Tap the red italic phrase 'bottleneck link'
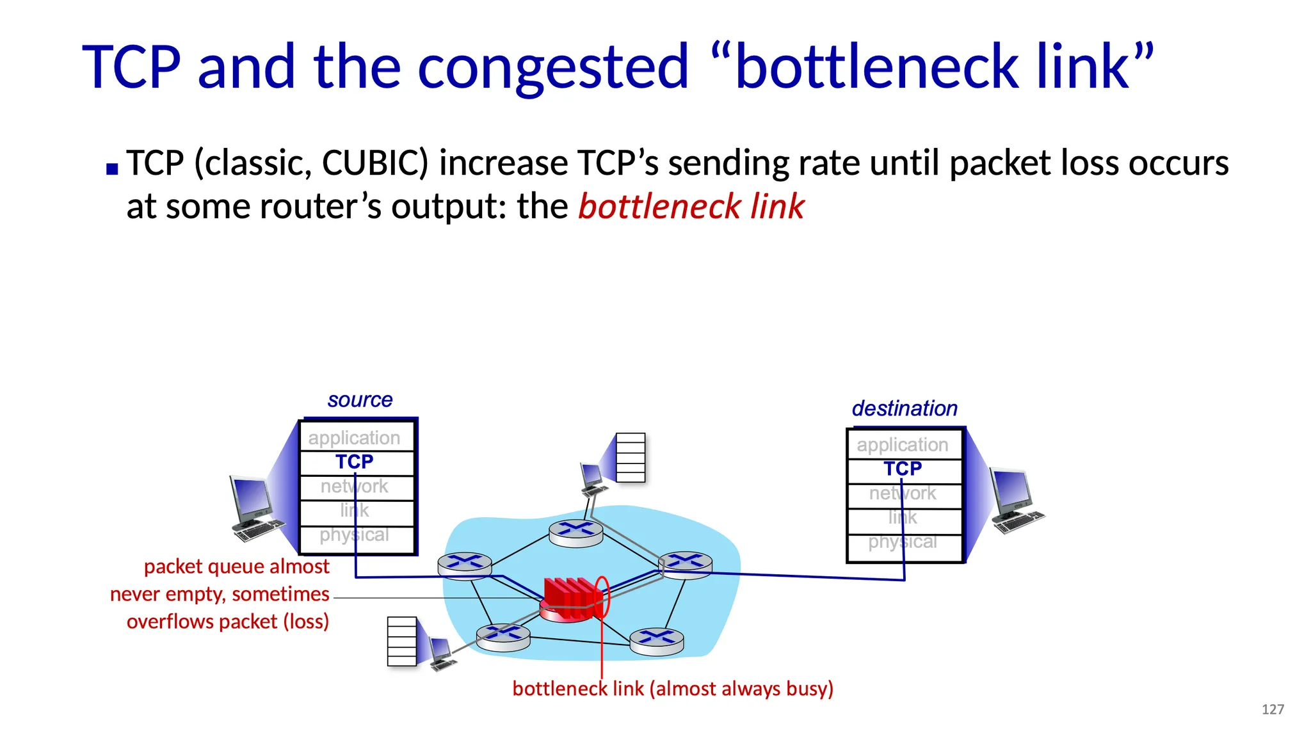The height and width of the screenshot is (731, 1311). tap(691, 207)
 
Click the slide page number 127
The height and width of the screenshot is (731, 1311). tap(1273, 709)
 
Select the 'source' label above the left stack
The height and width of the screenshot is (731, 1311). tap(360, 400)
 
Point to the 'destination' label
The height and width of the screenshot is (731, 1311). tap(904, 408)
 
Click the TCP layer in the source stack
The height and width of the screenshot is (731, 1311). tap(355, 462)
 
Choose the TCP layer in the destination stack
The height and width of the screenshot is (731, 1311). tap(903, 469)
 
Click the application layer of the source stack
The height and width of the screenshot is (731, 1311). tap(355, 438)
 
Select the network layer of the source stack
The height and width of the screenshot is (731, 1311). tap(355, 486)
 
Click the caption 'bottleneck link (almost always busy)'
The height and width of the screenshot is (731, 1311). tap(673, 689)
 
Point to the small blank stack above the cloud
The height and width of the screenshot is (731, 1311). tap(631, 458)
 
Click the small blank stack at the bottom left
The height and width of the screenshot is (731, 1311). tap(402, 641)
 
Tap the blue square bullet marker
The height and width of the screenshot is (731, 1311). tap(113, 170)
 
